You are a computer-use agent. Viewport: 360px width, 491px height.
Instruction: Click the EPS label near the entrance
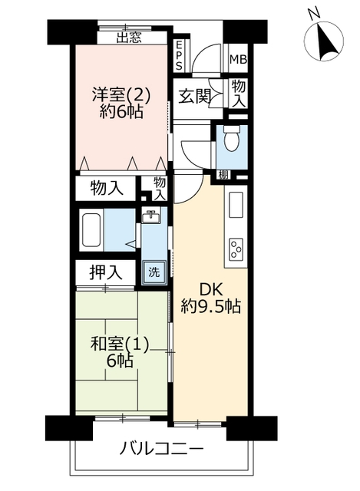[179, 55]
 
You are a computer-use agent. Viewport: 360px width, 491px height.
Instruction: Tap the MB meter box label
[238, 59]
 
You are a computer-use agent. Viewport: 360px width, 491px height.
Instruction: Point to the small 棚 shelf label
[223, 175]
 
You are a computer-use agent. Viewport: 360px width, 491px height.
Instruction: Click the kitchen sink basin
[236, 205]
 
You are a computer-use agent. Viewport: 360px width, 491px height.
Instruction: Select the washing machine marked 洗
[154, 272]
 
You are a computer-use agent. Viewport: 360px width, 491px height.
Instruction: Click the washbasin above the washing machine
[151, 216]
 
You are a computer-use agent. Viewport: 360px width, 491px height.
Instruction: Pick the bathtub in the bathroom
[92, 230]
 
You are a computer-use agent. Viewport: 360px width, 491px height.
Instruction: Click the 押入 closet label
[105, 272]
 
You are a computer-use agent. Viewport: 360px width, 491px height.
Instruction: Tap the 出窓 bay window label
[129, 38]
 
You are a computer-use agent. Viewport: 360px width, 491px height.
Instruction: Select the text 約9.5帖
[210, 307]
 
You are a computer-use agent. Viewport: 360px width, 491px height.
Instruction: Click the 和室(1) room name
[119, 344]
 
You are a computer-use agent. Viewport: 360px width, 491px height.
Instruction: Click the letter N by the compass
[313, 13]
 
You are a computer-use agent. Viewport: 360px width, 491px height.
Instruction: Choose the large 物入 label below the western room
[107, 189]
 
